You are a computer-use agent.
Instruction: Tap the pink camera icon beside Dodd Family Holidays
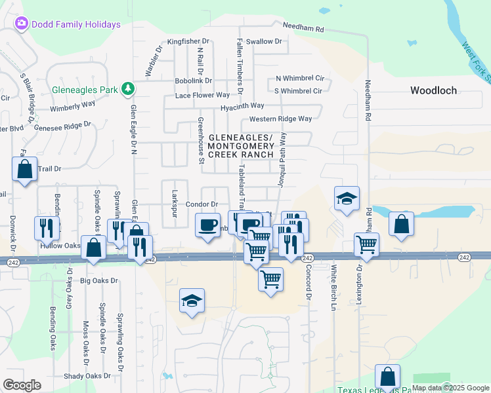pos(22,24)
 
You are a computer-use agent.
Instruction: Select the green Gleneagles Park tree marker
pos(129,89)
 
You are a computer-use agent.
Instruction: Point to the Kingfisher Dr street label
pos(188,41)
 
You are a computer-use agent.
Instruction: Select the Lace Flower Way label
pos(202,95)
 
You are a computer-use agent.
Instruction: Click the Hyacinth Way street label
pos(242,105)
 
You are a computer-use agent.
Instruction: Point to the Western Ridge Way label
pos(280,119)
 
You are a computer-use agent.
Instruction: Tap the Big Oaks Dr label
pos(99,280)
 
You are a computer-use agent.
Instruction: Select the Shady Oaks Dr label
pos(88,376)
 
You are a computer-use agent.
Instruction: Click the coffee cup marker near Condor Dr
pos(208,225)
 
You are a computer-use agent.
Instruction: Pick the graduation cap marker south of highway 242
pos(192,301)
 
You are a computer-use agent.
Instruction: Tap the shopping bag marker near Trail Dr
pos(24,170)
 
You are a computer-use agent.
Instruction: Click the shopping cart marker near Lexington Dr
pos(366,244)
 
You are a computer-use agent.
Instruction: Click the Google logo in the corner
pos(22,385)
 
